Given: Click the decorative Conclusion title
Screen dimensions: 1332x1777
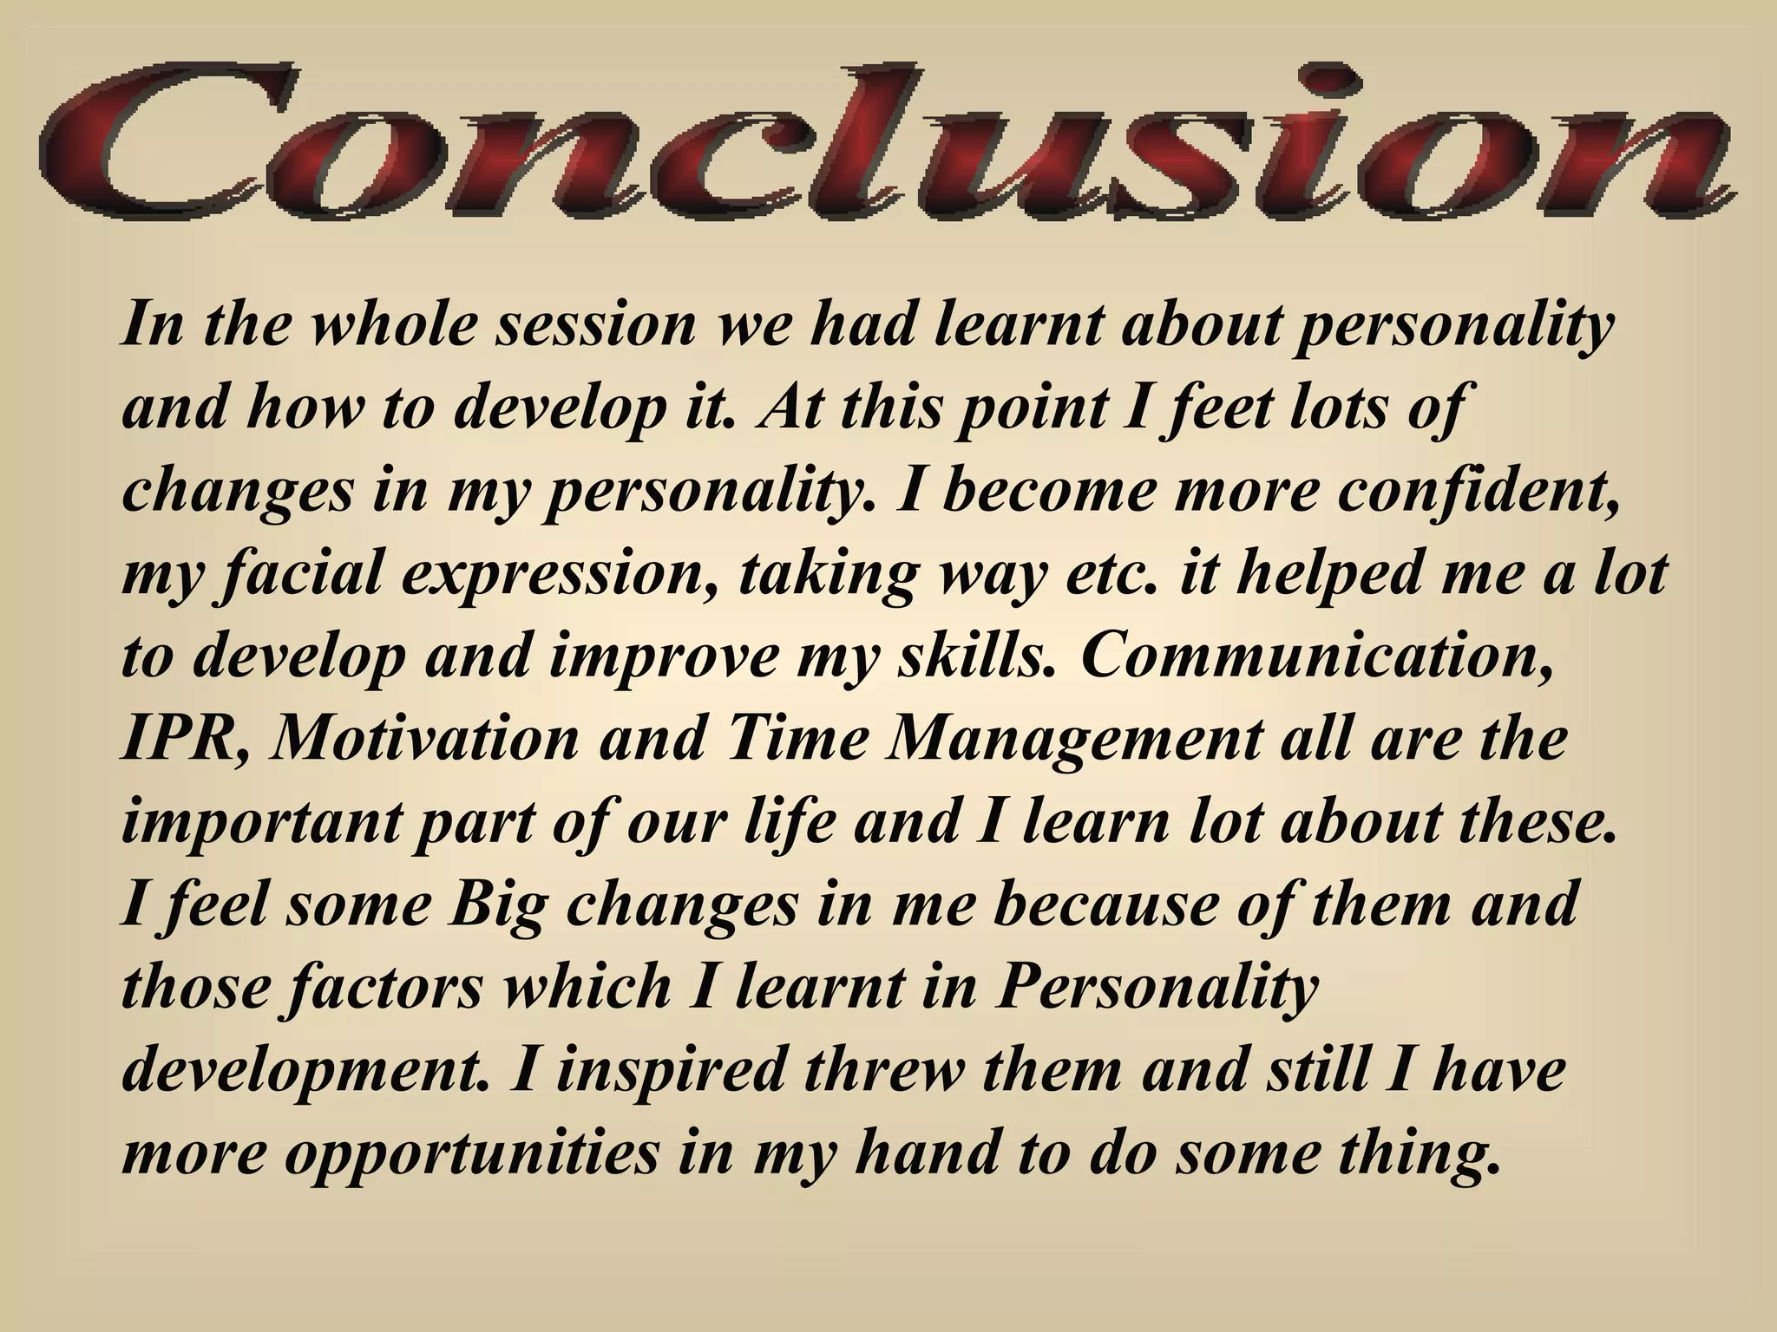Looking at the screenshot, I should click(x=885, y=143).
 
